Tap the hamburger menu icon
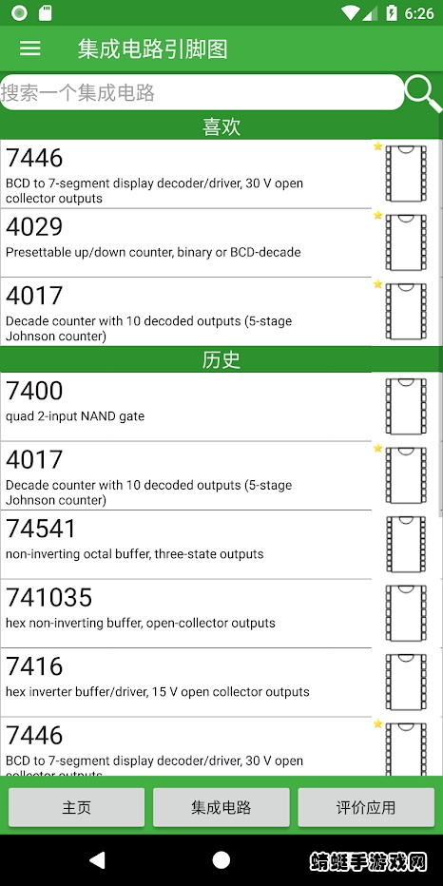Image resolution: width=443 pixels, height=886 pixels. (x=30, y=48)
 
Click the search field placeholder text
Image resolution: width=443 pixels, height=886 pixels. (x=78, y=92)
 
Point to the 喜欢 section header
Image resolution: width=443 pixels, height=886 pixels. (x=221, y=126)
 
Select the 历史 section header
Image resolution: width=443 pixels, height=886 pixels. (x=221, y=360)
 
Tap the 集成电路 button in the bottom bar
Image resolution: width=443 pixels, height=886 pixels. (x=221, y=807)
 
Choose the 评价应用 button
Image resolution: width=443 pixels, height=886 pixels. (x=366, y=807)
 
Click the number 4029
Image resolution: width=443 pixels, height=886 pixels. (x=34, y=226)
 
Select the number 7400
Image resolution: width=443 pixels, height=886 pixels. (x=34, y=391)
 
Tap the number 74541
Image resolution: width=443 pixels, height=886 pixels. (x=41, y=529)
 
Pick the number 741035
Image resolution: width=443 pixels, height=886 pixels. (x=48, y=597)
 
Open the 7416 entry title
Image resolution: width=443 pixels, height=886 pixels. (x=34, y=666)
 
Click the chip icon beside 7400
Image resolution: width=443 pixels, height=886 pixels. (x=406, y=406)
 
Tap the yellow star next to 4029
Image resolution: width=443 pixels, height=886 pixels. (x=378, y=215)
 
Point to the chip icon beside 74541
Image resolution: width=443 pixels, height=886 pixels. (x=406, y=544)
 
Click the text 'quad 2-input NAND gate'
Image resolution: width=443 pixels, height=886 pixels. (x=75, y=416)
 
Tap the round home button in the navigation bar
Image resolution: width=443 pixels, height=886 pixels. (x=221, y=860)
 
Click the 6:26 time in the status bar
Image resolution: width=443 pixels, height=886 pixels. (x=419, y=13)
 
